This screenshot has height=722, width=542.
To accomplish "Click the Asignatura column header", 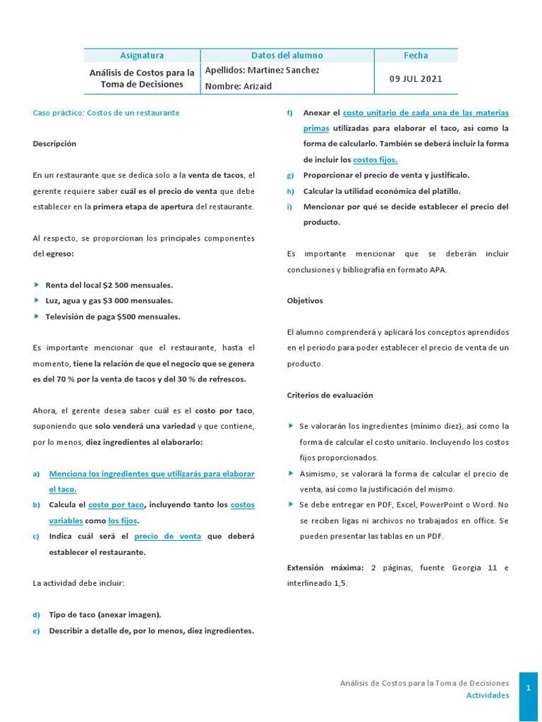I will click(x=142, y=56).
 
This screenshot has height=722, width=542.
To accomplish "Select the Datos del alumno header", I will click(x=287, y=56).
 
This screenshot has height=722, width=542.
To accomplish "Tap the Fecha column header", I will click(x=416, y=56).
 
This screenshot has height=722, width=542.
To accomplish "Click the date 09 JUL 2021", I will click(x=416, y=79).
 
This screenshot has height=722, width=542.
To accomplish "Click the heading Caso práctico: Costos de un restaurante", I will click(x=106, y=113).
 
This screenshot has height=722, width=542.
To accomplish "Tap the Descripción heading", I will click(x=54, y=144).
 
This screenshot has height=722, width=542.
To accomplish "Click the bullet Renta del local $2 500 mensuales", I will click(x=109, y=286).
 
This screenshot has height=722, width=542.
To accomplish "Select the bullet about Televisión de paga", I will click(x=112, y=317).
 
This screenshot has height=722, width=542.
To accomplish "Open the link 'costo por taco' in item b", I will click(x=116, y=505).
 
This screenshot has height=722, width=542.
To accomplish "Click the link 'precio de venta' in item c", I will click(x=167, y=537).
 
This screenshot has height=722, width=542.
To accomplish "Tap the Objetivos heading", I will click(x=305, y=300).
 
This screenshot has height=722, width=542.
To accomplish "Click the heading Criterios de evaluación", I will click(x=330, y=395).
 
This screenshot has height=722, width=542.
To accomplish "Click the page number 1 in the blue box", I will click(x=528, y=689).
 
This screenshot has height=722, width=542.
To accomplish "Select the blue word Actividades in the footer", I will click(x=487, y=695).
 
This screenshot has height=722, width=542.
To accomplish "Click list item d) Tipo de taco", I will click(x=104, y=615).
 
